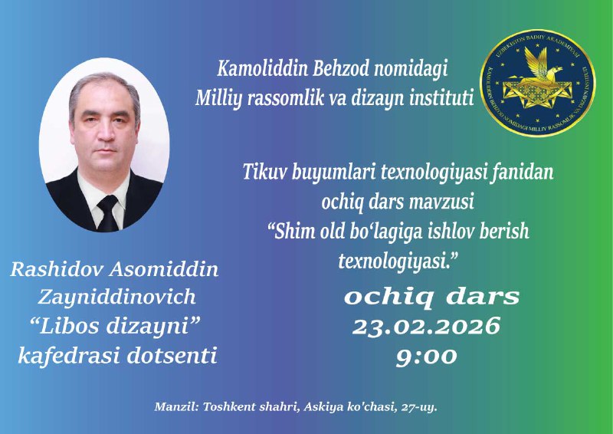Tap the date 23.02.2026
point(426,327)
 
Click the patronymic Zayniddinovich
point(113,298)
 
